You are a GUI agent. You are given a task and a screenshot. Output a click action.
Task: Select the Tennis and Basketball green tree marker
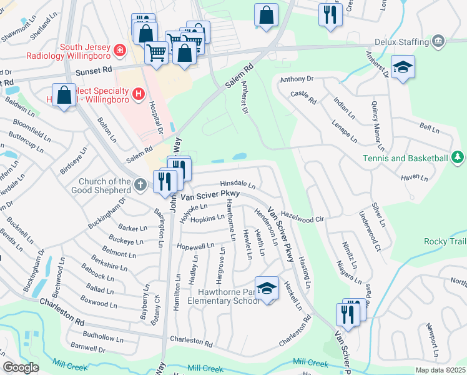[x=458, y=157]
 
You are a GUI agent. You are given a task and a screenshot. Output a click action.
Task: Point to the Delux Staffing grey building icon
[x=439, y=42]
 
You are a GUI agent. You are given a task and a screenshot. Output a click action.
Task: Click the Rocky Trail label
[x=444, y=241]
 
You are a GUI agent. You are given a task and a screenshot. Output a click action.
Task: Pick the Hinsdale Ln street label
[x=237, y=185]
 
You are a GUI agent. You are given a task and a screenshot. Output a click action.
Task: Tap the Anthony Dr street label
[x=296, y=79]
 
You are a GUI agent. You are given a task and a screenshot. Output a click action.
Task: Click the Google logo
[x=21, y=367]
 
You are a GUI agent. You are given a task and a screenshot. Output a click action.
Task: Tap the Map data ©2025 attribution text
[x=440, y=370]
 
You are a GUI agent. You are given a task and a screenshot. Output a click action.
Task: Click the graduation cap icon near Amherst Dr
[x=403, y=67]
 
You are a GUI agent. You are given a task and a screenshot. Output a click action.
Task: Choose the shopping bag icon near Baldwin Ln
[x=64, y=96]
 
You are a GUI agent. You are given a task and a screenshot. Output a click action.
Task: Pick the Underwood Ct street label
[x=369, y=227]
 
